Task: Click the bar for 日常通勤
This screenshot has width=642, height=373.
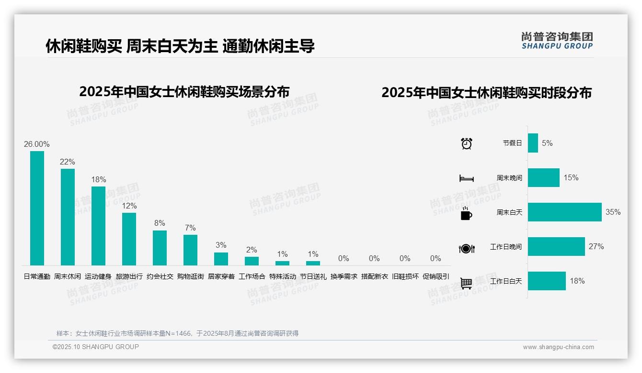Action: [x=37, y=208]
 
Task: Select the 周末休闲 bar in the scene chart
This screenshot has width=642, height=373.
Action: [x=68, y=217]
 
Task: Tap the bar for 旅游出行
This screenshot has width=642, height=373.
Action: [x=129, y=239]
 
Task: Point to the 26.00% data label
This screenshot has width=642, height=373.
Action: [x=37, y=144]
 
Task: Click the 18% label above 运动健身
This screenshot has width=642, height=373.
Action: [x=98, y=179]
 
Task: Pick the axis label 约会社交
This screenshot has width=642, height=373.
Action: [x=160, y=276]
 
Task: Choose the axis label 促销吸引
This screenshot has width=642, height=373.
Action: [x=436, y=276]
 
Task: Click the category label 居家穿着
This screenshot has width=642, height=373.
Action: [x=221, y=276]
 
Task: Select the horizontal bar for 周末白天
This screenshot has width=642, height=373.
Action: [x=564, y=212]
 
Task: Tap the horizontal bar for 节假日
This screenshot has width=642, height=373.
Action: [x=533, y=143]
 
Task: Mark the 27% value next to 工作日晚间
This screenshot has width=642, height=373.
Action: [x=596, y=246]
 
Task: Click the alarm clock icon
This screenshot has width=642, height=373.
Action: [x=466, y=143]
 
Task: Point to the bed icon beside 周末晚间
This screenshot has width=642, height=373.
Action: [x=466, y=178]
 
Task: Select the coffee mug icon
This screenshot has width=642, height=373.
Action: [x=466, y=213]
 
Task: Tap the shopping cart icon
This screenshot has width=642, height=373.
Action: [x=466, y=283]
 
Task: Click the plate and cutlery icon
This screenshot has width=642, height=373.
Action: [x=466, y=248]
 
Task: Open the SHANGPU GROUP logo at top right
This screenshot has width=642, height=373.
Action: [x=557, y=40]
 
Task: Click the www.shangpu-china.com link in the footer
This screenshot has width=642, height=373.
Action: [x=558, y=347]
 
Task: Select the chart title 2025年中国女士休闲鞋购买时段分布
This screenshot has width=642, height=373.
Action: [x=486, y=92]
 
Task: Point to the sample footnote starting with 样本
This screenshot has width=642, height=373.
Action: [x=177, y=333]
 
